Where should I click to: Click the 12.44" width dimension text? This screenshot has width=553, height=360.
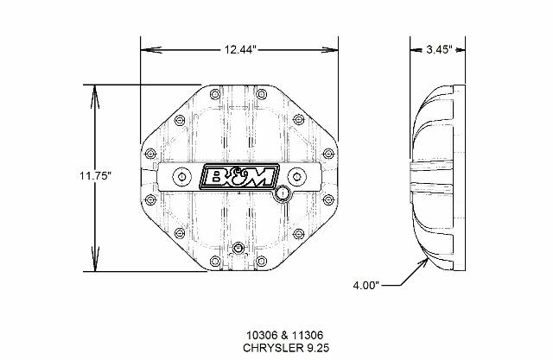pos(240,50)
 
